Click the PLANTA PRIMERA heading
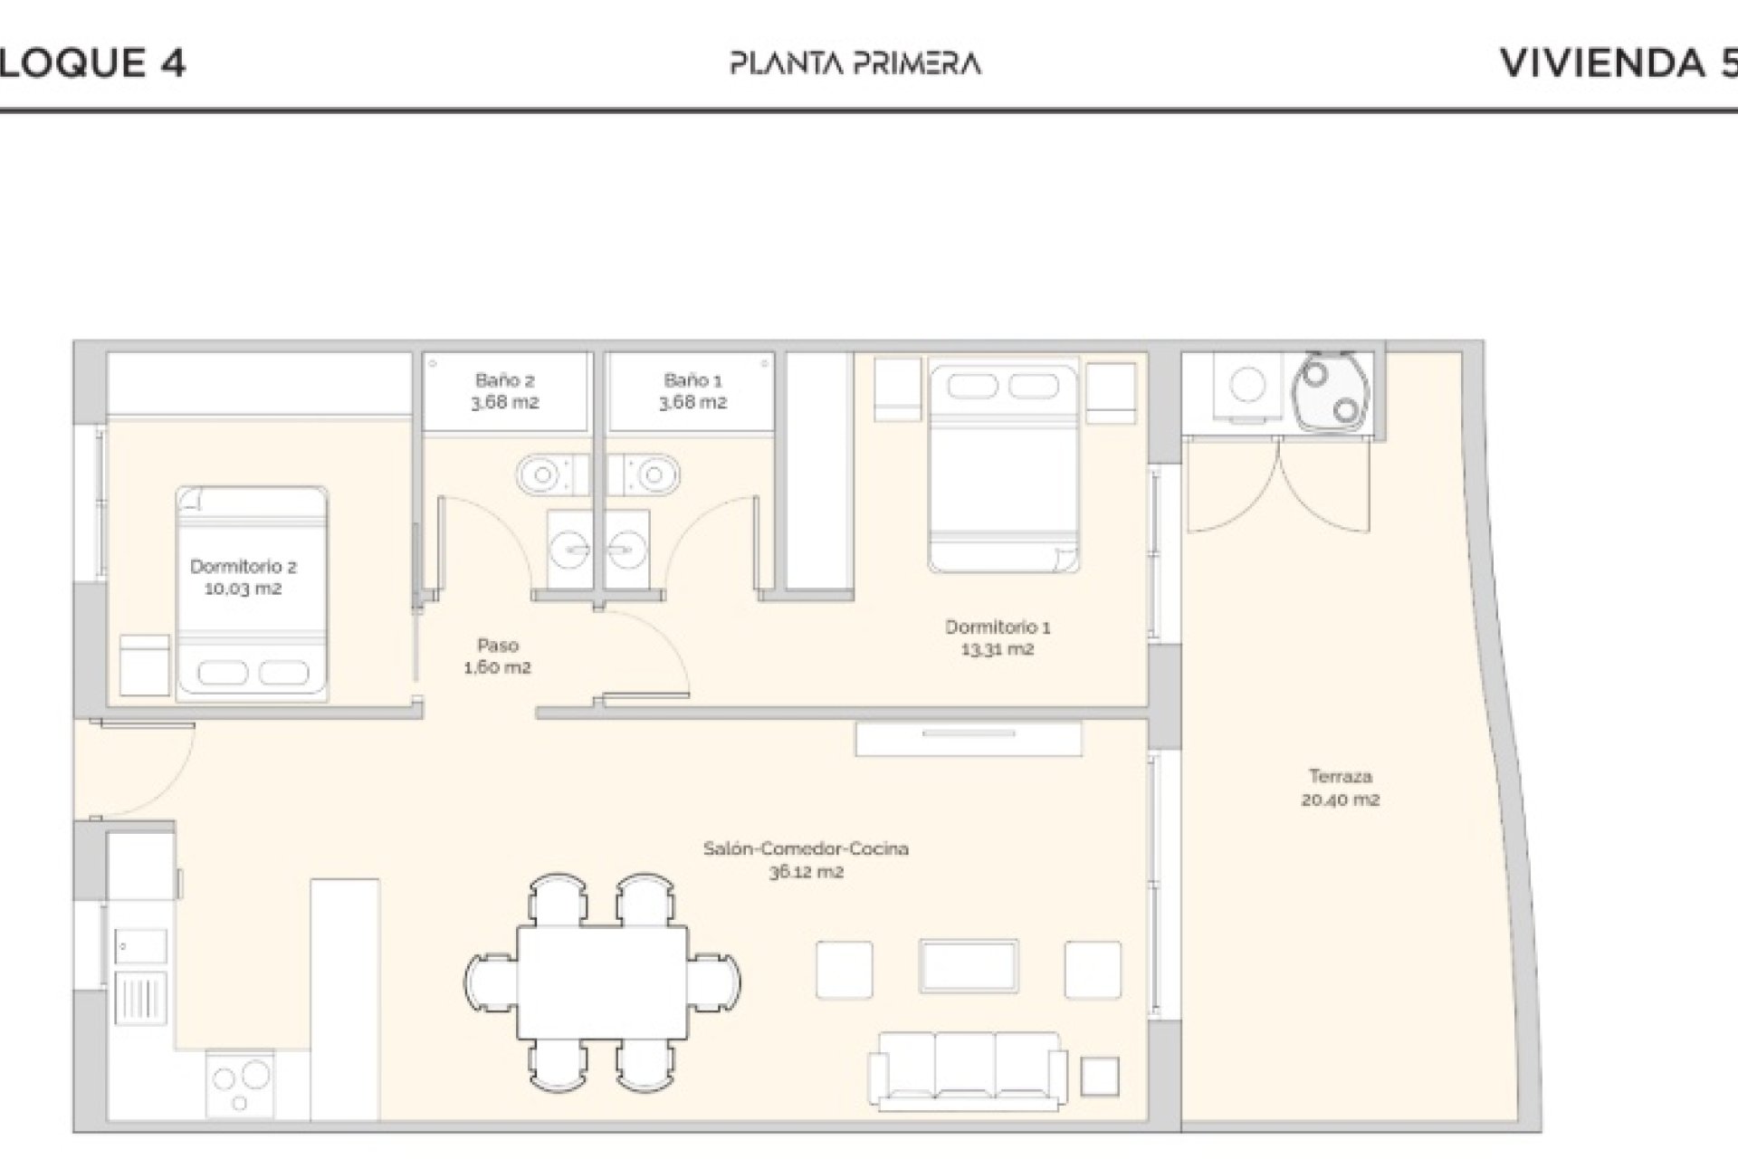coord(855,63)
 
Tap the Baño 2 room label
coord(504,391)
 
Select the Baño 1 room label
coord(692,391)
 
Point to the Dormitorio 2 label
coord(243,578)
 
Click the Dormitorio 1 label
coord(998,637)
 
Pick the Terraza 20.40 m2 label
coord(1341,788)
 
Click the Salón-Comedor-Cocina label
coord(806,860)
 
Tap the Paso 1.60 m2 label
coord(497,656)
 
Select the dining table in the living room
coord(603,983)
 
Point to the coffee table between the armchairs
coord(969,967)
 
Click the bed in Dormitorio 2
coord(252,593)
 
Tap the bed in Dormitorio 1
coord(1003,465)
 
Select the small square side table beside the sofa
coord(1100,1077)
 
